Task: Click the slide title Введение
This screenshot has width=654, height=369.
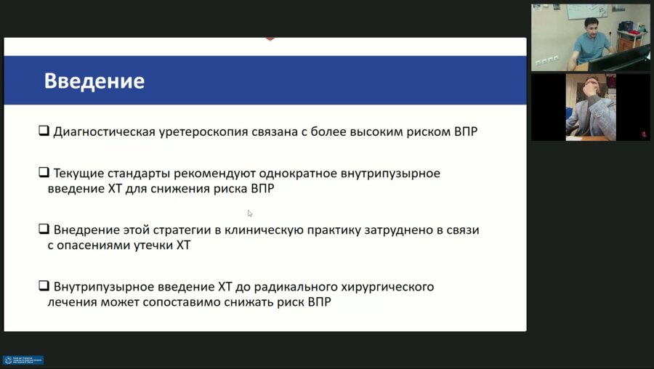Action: click(94, 81)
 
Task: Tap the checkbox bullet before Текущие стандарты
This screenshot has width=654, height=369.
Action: click(44, 174)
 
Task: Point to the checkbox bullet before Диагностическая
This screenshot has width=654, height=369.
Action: click(44, 132)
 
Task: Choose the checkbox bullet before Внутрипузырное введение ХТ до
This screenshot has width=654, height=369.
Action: click(44, 286)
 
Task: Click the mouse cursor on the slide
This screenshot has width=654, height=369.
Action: click(250, 214)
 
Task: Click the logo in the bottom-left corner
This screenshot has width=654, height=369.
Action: click(23, 360)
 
